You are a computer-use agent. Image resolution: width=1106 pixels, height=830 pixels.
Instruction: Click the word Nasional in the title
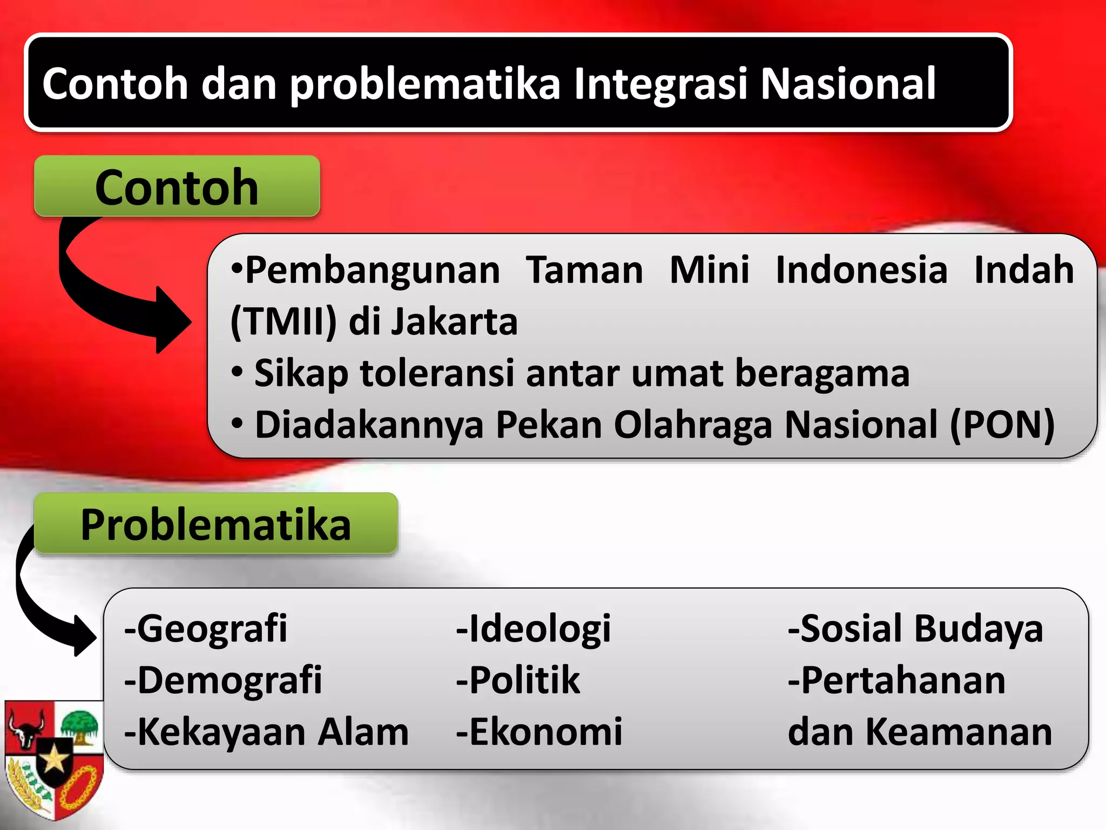coord(848,84)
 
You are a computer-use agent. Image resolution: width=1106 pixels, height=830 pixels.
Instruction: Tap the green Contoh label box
coord(177,186)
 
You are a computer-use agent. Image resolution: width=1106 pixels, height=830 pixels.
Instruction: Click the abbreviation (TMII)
coord(284,322)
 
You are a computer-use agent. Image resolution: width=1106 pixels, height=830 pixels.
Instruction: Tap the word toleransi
coord(437,373)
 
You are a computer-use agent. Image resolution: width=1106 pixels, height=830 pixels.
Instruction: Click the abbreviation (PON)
coord(1002,425)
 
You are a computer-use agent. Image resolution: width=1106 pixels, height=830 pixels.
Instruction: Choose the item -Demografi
coord(223,680)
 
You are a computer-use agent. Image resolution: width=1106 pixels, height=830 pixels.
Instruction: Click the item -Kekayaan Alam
coord(266,732)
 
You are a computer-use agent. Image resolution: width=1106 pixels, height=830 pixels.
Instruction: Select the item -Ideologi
coord(534,628)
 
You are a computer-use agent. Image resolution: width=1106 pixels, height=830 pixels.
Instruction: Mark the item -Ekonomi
coord(539,732)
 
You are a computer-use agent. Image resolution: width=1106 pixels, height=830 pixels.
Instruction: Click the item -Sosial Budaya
coord(915,628)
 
